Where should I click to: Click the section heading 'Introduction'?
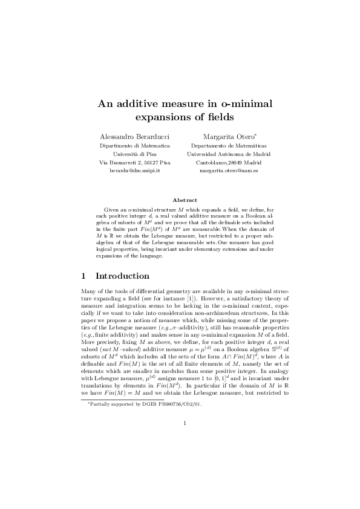122,276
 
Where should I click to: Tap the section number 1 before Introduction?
84,276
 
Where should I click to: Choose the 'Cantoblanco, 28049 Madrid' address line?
229,163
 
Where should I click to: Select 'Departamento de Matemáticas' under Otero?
229,145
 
